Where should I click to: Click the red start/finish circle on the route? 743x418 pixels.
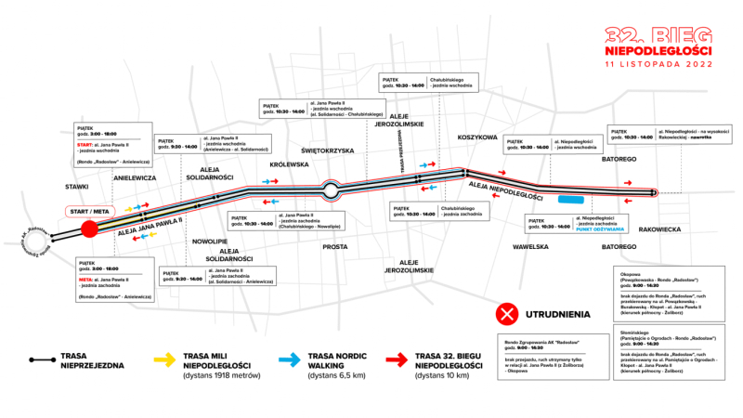coord(89,230)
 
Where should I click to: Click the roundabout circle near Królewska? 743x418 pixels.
coord(330,190)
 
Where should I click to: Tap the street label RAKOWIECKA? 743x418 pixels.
coord(661,228)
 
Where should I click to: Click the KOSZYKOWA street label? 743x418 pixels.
coord(478,137)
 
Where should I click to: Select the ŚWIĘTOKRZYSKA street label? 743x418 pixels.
coord(329,150)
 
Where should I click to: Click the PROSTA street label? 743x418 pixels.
coord(334,247)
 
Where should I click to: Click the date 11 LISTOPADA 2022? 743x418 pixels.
coord(658,65)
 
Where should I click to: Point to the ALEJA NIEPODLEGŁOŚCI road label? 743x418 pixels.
coord(506,191)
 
